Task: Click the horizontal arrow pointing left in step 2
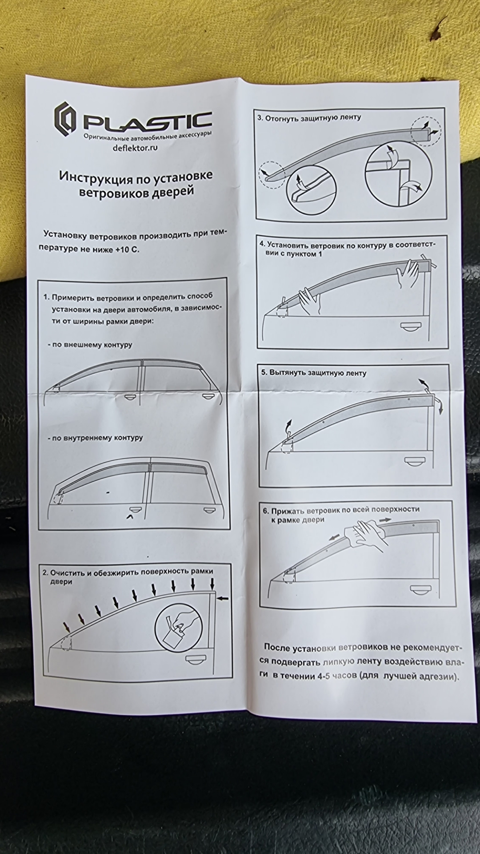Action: [224, 598]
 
